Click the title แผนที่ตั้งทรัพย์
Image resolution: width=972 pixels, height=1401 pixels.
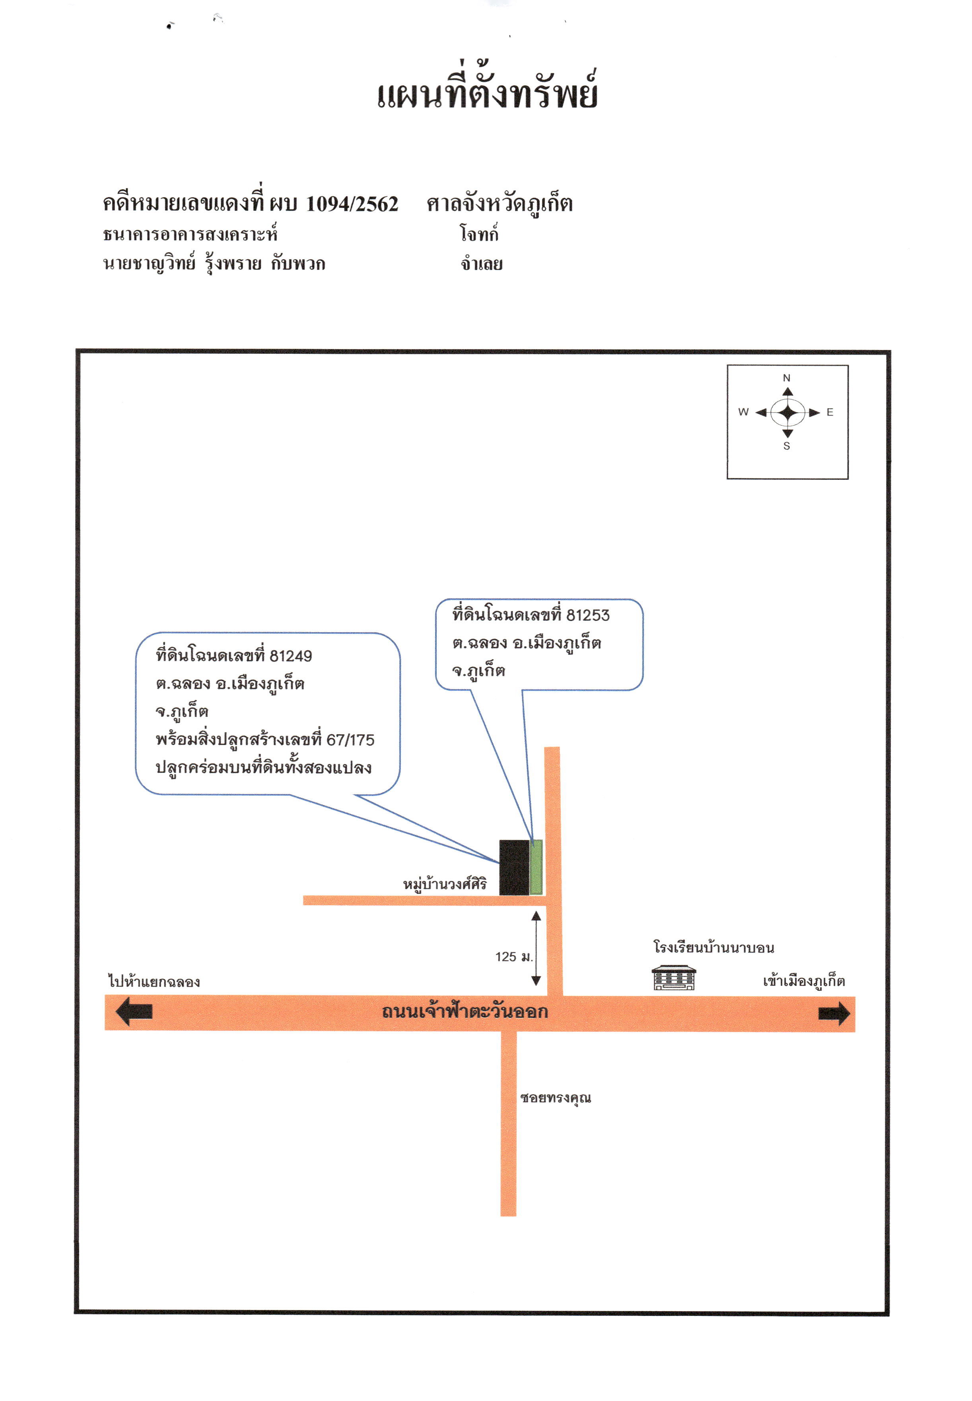[x=487, y=89]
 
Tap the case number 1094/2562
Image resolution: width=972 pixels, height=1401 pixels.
[x=352, y=204]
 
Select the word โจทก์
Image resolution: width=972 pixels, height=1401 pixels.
[x=479, y=233]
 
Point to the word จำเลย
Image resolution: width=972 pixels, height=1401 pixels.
[x=481, y=264]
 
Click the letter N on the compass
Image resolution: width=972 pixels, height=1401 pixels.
[x=786, y=378]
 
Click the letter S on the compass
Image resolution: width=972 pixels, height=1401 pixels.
[x=786, y=446]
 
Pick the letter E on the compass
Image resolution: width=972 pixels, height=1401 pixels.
[x=830, y=412]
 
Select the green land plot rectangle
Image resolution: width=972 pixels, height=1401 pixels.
[x=536, y=867]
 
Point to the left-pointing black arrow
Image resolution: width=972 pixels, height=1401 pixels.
[x=134, y=1011]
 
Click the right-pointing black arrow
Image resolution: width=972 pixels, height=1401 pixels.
[x=834, y=1013]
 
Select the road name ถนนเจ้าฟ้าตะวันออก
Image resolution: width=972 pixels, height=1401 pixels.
[x=465, y=1011]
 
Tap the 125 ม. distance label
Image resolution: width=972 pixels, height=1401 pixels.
[x=514, y=957]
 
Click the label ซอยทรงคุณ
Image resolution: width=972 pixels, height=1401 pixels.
[x=556, y=1098]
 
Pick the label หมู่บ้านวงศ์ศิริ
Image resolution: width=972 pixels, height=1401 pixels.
[x=445, y=884]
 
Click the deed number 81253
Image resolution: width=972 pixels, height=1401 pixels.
[x=588, y=615]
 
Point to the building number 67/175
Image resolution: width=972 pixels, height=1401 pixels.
[x=350, y=740]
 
